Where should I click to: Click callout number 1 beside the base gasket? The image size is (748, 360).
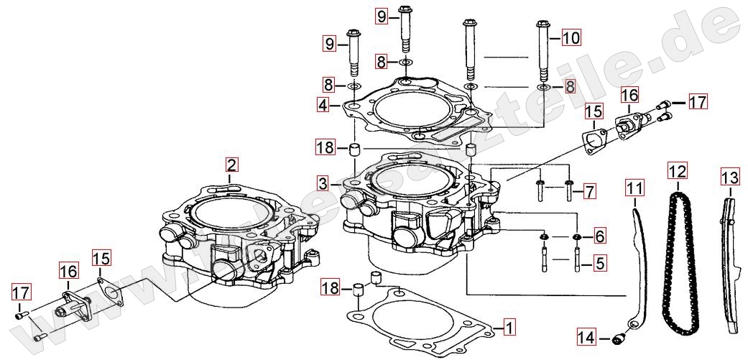pos(509,328)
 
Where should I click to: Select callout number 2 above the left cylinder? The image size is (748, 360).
pos(231,165)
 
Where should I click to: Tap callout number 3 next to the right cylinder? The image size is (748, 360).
pos(323,183)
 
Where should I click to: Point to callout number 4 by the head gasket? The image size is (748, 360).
pos(323,104)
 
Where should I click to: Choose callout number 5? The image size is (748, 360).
pos(600,262)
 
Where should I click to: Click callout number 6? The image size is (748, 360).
pos(600,236)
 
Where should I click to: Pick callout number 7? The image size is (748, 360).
pos(590,192)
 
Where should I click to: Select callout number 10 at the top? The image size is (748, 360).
pos(571,37)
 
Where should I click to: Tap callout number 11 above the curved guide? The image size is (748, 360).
pos(635,188)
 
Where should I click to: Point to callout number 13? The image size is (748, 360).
pos(730,178)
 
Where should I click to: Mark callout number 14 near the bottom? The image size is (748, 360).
pos(587,338)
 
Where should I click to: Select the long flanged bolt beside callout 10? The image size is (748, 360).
pos(543,52)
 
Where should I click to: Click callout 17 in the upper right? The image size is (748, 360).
pos(698,102)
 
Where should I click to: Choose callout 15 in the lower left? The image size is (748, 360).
pos(101,258)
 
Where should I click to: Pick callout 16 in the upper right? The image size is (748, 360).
pos(629,95)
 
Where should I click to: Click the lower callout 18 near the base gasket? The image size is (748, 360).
pos(330,287)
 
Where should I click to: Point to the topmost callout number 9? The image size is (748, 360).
pos(382,17)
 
